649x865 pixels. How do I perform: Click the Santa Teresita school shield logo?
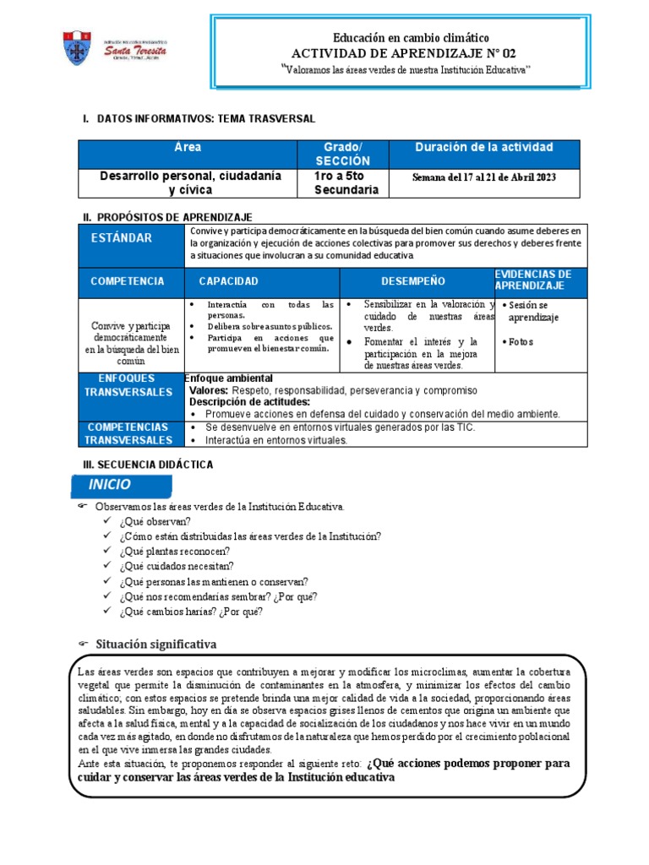75,48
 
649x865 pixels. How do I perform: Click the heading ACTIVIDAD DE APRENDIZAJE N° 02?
411,53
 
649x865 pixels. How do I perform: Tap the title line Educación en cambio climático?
411,38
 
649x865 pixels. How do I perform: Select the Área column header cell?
188,148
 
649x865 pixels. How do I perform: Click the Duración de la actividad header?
484,148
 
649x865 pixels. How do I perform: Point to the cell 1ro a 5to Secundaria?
346,183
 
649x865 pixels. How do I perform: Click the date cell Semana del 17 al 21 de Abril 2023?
484,177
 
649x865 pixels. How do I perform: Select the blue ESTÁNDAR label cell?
122,238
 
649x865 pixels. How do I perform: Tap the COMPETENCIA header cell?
128,281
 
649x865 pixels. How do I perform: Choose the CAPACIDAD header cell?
228,281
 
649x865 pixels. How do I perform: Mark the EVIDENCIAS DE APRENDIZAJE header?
533,280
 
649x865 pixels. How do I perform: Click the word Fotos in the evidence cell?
521,342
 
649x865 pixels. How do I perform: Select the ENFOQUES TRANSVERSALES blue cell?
128,385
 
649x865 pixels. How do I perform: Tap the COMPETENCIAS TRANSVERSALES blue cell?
128,433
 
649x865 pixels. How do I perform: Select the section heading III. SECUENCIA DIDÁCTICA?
147,465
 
